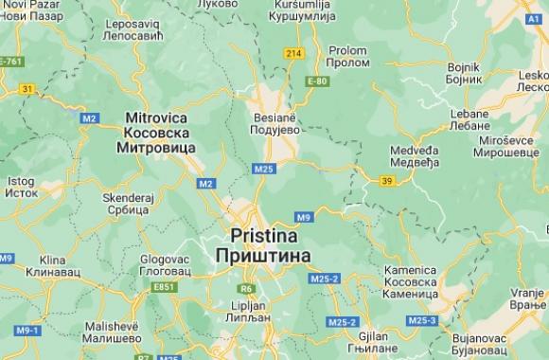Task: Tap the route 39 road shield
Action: (x=386, y=180)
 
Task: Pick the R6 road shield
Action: (x=246, y=288)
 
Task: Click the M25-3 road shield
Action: (x=422, y=321)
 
